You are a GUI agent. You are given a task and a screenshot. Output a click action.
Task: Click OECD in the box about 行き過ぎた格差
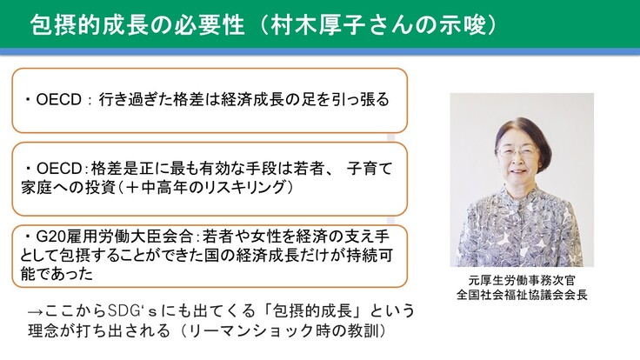point(59,100)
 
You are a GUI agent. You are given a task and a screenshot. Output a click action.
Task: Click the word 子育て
point(370,169)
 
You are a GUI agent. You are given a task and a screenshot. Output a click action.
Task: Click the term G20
point(47,237)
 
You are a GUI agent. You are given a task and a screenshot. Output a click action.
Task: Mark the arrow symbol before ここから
point(36,312)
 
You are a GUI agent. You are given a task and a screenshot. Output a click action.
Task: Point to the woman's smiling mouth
point(517,171)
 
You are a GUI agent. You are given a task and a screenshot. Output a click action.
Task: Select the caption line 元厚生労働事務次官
point(522,281)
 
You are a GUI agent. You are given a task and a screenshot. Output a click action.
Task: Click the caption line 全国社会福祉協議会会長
point(522,295)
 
